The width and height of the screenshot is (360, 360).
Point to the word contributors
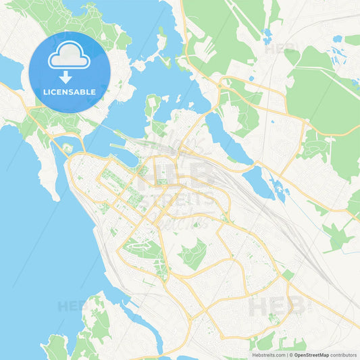click(344, 354)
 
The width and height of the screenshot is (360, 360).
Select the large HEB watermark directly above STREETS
click(177, 177)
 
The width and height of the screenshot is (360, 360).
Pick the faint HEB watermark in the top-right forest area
click(280, 49)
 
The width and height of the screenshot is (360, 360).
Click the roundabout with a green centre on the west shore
click(67, 148)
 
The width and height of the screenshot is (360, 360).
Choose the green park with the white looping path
click(192, 254)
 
